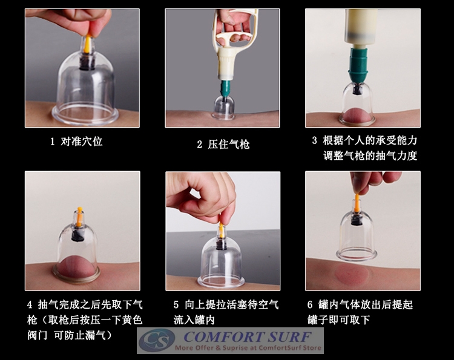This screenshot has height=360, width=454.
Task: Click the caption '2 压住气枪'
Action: [223, 144]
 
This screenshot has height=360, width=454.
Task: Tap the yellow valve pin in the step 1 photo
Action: [87, 44]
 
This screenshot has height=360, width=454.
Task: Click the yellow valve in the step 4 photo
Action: [79, 215]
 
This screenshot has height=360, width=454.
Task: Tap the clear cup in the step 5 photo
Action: [222, 260]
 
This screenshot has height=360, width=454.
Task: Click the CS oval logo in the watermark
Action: [157, 341]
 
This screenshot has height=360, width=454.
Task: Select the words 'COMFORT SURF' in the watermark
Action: [248, 336]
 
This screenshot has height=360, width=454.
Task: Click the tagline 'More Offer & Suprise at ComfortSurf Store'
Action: [248, 348]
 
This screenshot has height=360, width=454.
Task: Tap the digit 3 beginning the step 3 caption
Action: [315, 140]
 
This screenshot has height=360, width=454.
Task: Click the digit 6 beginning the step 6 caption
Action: [310, 304]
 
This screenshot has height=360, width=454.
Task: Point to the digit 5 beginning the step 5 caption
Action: [176, 304]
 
